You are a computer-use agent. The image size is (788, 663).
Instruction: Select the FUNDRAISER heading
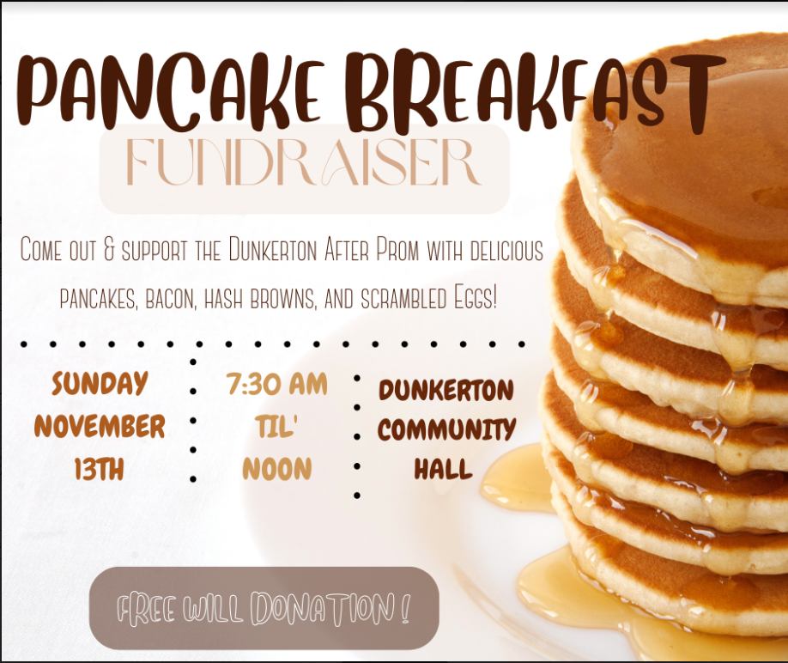coord(304,162)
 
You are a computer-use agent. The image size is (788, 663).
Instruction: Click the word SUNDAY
coord(100,384)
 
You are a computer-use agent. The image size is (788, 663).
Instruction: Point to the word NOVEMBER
coord(100,427)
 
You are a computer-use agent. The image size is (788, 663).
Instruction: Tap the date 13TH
coord(99,469)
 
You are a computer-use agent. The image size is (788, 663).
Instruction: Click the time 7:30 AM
coord(277,385)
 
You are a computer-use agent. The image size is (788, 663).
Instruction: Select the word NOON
coord(277,469)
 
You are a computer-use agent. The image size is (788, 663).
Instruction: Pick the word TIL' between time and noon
coord(276,427)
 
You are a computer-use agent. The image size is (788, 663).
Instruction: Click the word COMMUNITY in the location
coord(446,430)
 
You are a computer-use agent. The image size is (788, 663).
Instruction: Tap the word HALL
coord(443,470)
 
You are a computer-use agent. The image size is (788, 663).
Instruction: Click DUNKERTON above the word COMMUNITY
coord(446,391)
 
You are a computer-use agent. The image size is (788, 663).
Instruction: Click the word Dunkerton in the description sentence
coord(273,249)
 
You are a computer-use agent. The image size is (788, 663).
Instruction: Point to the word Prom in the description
coord(397,249)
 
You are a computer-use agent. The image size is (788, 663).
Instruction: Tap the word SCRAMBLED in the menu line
coord(403,299)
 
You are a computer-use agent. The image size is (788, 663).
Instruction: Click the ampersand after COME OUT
coord(109,250)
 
